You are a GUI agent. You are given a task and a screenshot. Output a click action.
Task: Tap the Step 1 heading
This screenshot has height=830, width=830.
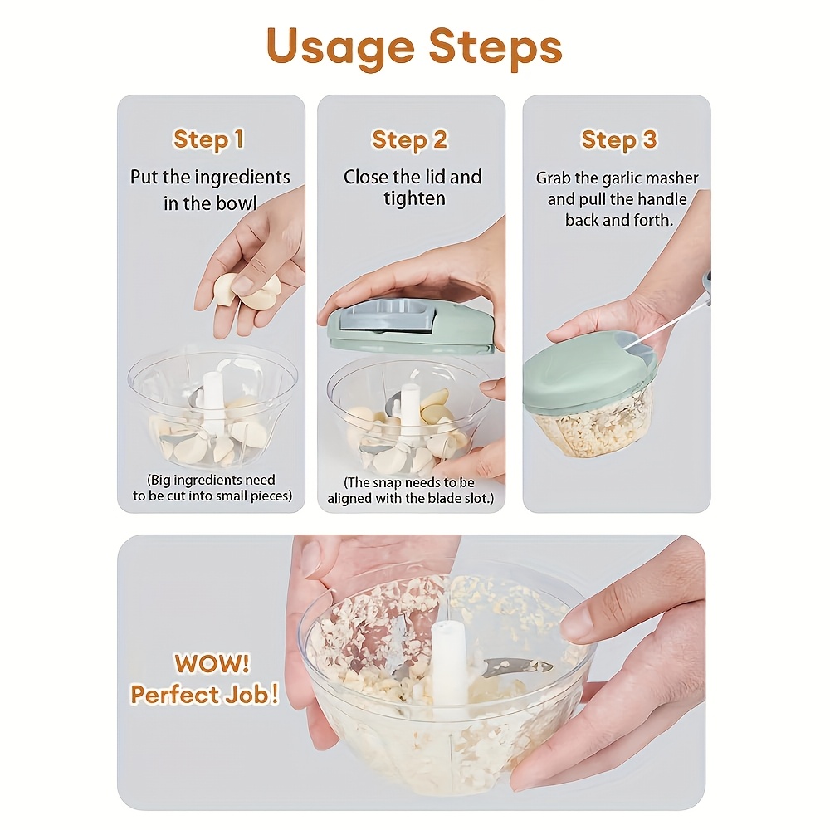(209, 139)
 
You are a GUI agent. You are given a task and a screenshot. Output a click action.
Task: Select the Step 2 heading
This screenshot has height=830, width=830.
(410, 139)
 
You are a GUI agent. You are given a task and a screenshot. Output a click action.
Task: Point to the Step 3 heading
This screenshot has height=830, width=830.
(619, 139)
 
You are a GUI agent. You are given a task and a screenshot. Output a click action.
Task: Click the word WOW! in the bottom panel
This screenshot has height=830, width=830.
(212, 662)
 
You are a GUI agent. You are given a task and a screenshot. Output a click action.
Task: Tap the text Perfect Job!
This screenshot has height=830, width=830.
(204, 694)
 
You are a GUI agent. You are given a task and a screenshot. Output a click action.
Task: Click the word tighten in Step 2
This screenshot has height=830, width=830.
(414, 198)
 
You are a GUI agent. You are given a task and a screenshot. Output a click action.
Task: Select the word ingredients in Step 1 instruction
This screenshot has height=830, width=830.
(242, 178)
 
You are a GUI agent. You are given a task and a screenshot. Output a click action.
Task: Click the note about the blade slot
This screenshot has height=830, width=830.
(411, 491)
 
